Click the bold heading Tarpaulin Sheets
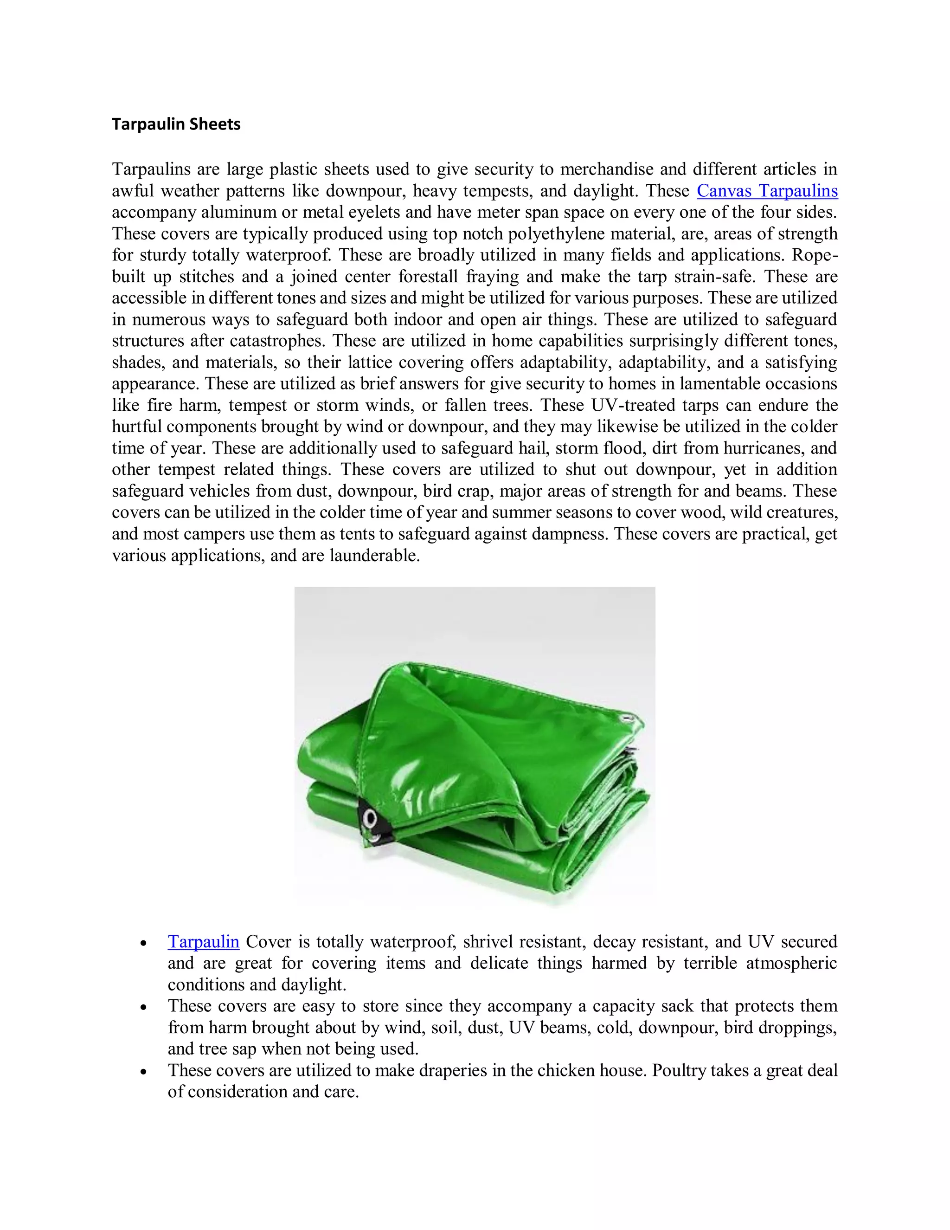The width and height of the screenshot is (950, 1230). point(176,124)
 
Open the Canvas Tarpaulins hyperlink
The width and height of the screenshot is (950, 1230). point(767,191)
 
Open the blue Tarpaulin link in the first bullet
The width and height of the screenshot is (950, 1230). point(203,941)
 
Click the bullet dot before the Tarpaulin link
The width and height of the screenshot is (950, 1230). point(144,943)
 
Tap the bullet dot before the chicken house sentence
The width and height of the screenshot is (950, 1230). point(144,1071)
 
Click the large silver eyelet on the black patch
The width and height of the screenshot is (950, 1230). point(370,815)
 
